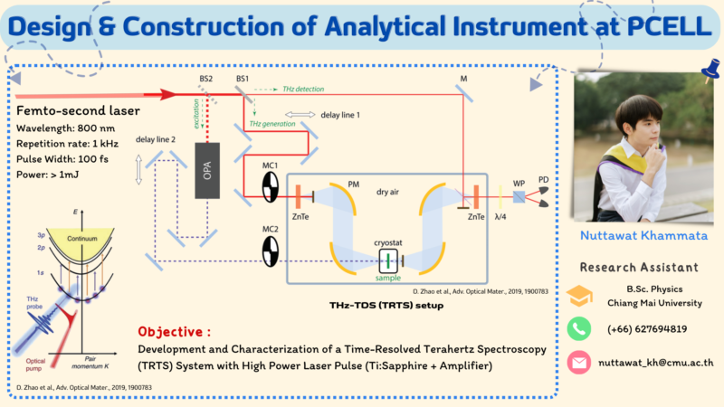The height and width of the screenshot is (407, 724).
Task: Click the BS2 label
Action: [x=206, y=80]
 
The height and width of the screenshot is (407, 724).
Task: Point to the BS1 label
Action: [x=242, y=80]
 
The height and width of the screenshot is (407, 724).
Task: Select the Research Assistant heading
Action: [x=638, y=268]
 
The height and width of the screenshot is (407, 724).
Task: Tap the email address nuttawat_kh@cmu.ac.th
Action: [x=656, y=362]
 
